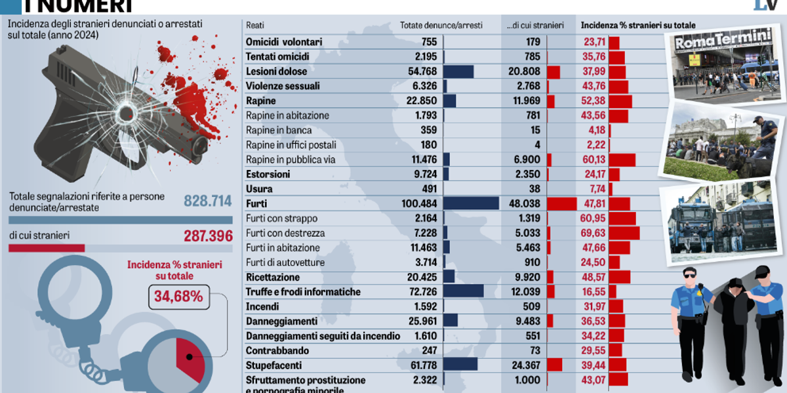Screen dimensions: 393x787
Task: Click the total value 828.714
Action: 208,201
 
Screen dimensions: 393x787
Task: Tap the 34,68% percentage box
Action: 178,297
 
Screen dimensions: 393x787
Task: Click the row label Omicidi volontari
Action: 283,42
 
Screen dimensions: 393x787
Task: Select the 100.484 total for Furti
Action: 419,203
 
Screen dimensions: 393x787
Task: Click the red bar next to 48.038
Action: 561,203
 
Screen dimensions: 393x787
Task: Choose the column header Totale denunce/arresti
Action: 441,26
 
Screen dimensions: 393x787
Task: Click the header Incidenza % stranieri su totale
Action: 638,26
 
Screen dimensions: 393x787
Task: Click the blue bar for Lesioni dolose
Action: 458,72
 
